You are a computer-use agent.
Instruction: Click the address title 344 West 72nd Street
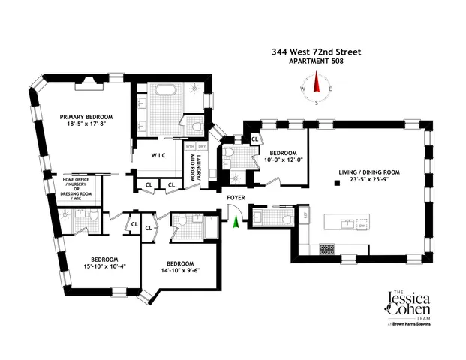(x=316, y=52)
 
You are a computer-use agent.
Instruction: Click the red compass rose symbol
(x=317, y=88)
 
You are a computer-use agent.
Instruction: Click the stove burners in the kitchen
(x=328, y=248)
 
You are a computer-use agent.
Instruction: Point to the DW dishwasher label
(x=361, y=226)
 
